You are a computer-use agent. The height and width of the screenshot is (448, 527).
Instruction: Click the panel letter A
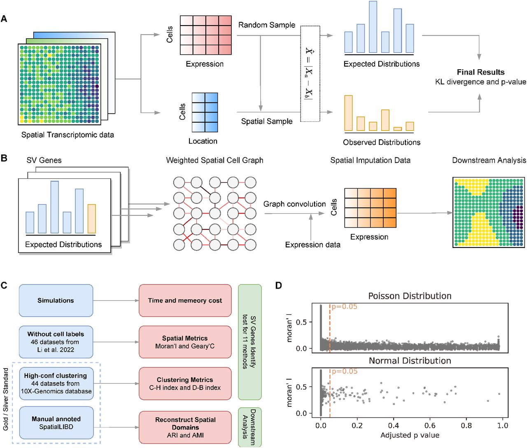tap(4, 19)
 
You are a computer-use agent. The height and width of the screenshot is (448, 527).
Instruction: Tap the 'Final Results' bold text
tap(480, 72)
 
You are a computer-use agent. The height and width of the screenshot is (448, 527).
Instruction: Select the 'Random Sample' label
tap(267, 25)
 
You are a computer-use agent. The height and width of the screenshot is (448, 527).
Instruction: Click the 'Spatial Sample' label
tap(267, 121)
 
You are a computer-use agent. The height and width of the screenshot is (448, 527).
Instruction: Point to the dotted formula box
tap(310, 74)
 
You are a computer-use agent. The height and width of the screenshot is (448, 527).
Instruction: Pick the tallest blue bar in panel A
tap(373, 27)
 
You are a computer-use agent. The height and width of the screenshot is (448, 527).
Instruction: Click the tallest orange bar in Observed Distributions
tap(348, 113)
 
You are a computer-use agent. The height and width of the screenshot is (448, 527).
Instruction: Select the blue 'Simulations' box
tap(56, 300)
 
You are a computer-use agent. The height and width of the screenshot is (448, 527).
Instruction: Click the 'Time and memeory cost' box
tap(185, 300)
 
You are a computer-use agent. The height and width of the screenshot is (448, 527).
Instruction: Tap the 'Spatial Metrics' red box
tap(185, 342)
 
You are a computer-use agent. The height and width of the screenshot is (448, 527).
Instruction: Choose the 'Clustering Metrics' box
tap(185, 383)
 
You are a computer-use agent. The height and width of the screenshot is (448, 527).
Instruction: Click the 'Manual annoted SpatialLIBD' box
tap(56, 422)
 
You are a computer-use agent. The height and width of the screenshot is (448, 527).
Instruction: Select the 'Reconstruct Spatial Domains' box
tap(185, 427)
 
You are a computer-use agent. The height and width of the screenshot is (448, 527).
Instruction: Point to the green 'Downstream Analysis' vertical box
tap(250, 427)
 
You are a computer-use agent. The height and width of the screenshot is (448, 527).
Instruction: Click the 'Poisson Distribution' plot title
tap(410, 296)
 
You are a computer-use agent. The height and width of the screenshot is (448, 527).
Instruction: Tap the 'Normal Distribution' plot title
tap(410, 361)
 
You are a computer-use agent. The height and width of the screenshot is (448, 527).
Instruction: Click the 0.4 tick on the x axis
tap(394, 425)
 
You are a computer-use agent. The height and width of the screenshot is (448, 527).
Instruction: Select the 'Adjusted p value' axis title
tap(410, 435)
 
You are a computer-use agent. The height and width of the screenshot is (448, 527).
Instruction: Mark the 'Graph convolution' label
tap(294, 204)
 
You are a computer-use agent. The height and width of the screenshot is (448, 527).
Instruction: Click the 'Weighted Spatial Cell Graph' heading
tap(215, 160)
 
